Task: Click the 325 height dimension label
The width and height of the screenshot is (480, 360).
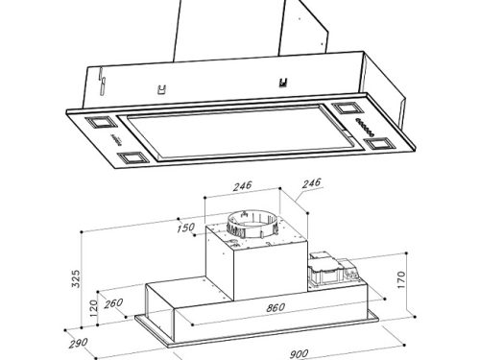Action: (x=76, y=278)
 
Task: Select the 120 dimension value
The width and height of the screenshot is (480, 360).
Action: (x=93, y=308)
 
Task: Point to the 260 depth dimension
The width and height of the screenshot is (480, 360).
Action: (x=113, y=303)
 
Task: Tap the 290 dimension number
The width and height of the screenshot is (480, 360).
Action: (x=78, y=344)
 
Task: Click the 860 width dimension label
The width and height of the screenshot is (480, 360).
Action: (x=276, y=307)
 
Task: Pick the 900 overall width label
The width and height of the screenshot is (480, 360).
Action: (x=299, y=354)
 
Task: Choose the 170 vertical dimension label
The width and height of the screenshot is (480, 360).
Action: (x=401, y=279)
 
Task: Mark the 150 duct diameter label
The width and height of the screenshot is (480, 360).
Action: (x=185, y=228)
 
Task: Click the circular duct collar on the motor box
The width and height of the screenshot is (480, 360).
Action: (x=252, y=224)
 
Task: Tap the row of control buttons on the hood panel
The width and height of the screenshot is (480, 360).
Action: (x=366, y=127)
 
